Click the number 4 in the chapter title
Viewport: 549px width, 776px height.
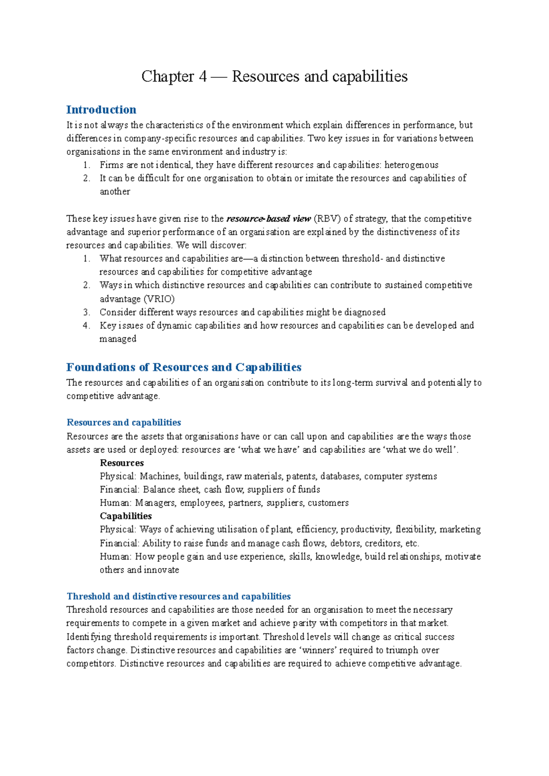pos(203,76)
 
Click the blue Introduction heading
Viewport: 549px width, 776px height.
pos(101,110)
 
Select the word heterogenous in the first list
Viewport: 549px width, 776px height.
pos(411,165)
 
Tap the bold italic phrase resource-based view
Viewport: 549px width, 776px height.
pos(269,218)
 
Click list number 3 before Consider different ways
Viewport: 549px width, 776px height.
pos(86,312)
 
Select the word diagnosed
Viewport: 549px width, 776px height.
pos(365,312)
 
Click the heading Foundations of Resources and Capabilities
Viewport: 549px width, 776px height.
pos(183,367)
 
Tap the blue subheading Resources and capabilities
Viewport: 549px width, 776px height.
pos(124,422)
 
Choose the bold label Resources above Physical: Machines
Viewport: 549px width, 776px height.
pos(122,463)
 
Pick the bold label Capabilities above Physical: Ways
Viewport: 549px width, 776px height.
pos(126,516)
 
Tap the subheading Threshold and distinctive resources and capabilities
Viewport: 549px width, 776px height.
pos(178,596)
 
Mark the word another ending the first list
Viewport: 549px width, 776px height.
pos(115,191)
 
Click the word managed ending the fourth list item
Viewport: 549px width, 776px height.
pos(118,339)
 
